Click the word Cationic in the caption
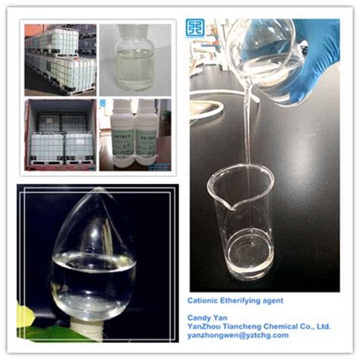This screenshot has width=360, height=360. tap(207, 300)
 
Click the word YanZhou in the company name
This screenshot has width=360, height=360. tap(210, 326)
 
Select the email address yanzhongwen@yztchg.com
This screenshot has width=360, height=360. tap(239, 335)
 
